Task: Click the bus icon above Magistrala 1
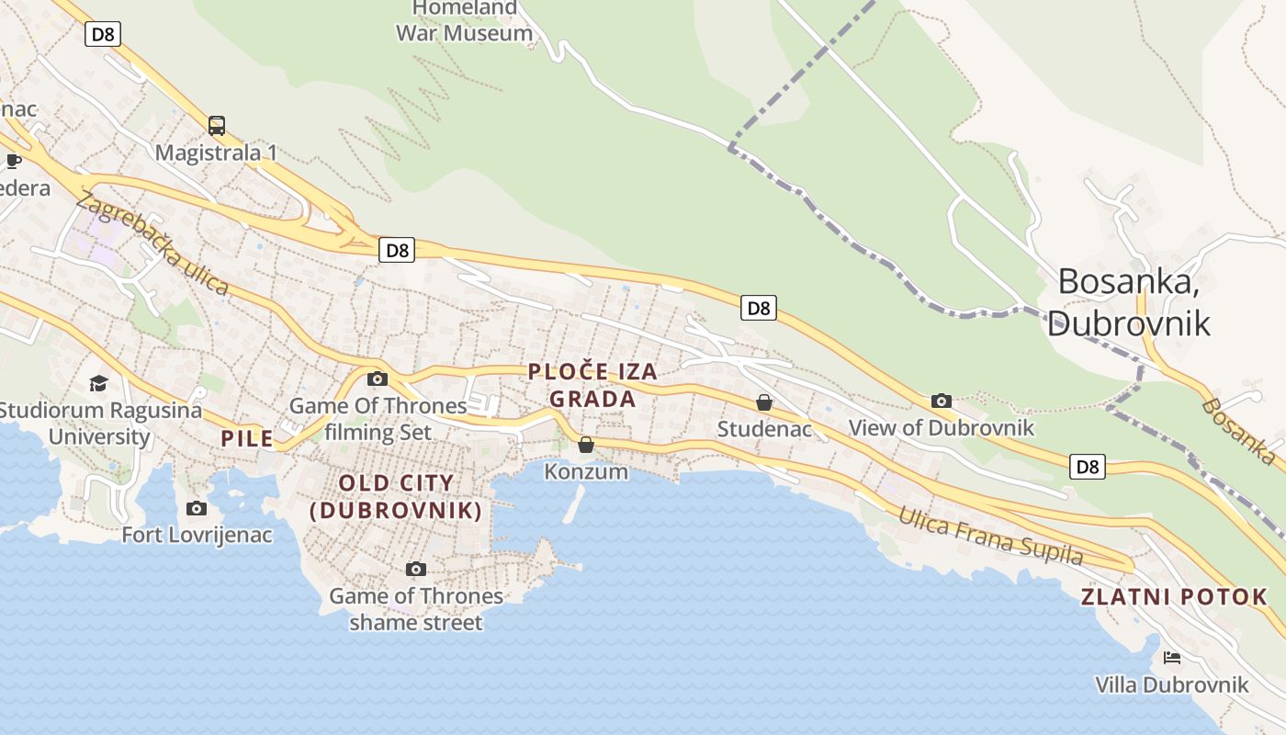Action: (217, 126)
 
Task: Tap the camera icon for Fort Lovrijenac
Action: (197, 508)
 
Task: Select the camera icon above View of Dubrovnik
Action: (942, 401)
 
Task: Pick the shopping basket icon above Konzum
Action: (586, 446)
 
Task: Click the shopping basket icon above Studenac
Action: (763, 402)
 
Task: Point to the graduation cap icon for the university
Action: (98, 383)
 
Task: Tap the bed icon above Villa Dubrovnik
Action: (1171, 658)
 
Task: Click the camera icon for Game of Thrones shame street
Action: (416, 570)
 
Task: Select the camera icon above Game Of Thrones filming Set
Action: (377, 379)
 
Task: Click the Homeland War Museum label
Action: (464, 21)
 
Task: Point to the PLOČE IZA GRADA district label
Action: (592, 385)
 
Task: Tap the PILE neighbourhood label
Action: (247, 438)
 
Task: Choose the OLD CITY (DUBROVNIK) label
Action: (396, 496)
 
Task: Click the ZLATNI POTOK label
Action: (1174, 596)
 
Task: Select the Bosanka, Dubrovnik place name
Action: (1128, 301)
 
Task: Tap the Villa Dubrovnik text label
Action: (1171, 684)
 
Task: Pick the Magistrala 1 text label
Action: (216, 153)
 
